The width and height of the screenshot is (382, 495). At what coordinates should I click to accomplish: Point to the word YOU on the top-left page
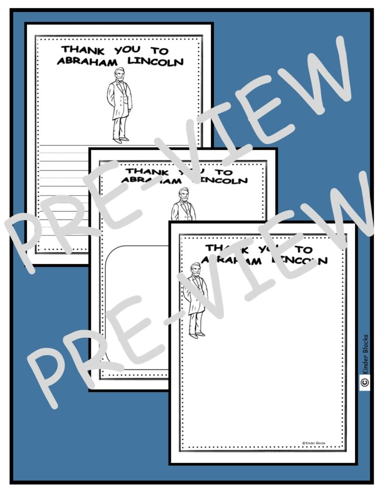tap(127, 50)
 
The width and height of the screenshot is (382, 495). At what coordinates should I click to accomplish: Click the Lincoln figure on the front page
tap(196, 300)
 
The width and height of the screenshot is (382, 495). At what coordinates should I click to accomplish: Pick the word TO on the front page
tap(304, 249)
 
